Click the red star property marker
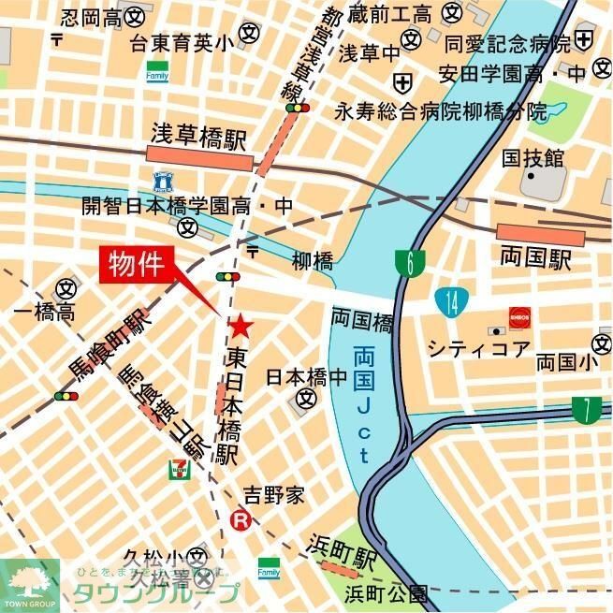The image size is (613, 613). [241, 326]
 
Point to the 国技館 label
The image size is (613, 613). [533, 157]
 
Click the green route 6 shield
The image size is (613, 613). [410, 264]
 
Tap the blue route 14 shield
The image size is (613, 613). [452, 301]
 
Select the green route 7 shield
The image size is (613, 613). [587, 410]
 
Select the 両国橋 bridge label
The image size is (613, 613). [360, 320]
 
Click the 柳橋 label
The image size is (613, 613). [312, 261]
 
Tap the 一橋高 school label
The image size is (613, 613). [43, 314]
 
